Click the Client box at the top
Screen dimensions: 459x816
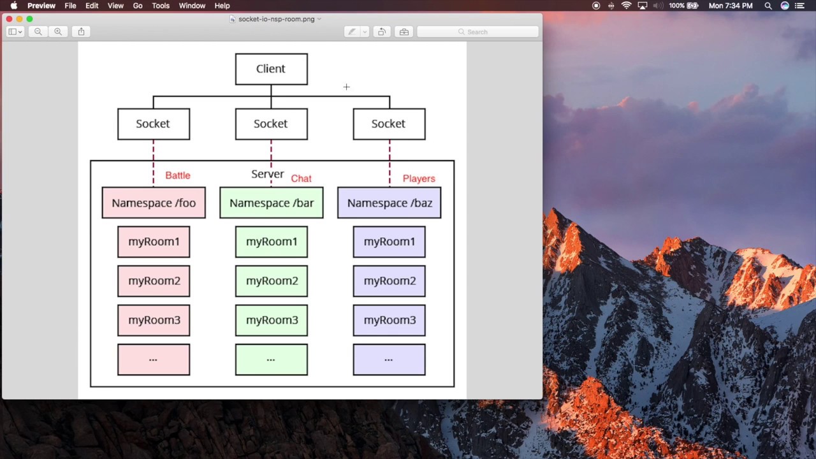pos(271,69)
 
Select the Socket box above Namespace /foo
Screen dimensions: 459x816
pos(153,124)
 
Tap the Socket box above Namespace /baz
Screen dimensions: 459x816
pos(389,124)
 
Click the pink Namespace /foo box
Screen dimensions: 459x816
pos(154,203)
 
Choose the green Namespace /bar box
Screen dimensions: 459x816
pos(271,203)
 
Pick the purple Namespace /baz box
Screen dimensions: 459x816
pos(389,203)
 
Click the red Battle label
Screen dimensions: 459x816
pos(177,175)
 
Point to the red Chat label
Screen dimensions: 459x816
pos(301,178)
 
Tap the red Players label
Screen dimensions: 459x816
pos(419,178)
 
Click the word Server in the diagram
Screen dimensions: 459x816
pos(267,174)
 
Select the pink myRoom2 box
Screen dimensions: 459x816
pos(154,281)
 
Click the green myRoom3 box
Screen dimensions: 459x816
pos(271,320)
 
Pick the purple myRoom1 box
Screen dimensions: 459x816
pos(389,242)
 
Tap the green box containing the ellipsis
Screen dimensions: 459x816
pos(271,360)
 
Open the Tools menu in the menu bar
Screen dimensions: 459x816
pos(161,6)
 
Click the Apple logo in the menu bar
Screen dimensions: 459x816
pos(13,6)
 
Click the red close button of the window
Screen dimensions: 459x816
pos(9,19)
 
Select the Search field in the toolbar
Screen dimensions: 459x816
pos(478,32)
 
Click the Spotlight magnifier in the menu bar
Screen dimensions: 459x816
pos(768,6)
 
